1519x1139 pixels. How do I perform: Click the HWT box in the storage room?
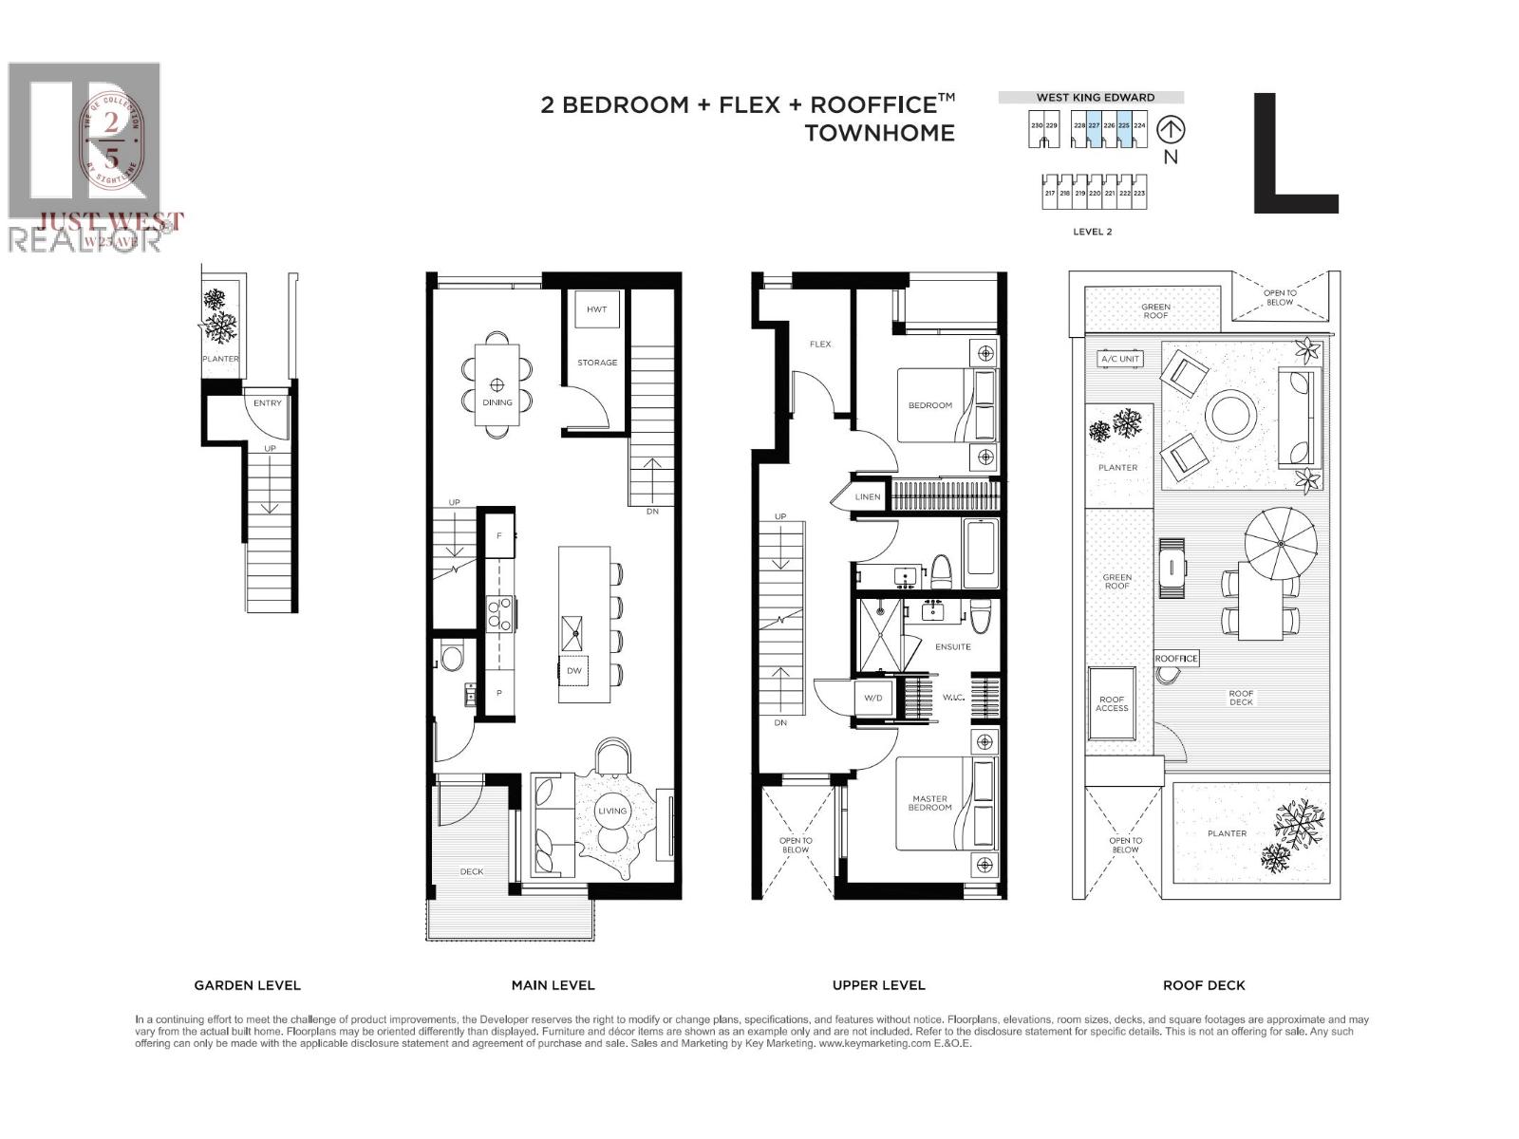[x=596, y=309]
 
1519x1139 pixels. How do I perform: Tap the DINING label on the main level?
[x=497, y=402]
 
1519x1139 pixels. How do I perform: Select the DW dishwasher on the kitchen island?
[x=573, y=670]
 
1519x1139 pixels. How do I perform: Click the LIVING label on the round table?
[x=612, y=811]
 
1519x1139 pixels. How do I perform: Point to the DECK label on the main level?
[x=472, y=871]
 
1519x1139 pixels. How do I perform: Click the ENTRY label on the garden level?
[x=268, y=402]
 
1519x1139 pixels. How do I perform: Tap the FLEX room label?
[x=820, y=344]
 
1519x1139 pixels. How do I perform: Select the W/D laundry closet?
[x=872, y=698]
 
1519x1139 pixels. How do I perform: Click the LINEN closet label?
[x=868, y=496]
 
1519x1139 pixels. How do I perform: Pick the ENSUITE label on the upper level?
[x=952, y=646]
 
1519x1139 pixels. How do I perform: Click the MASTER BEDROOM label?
[x=929, y=803]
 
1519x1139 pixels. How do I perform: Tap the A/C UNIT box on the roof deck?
[x=1120, y=359]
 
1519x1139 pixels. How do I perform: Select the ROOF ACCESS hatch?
[x=1112, y=703]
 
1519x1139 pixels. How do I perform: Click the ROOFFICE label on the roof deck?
[x=1176, y=658]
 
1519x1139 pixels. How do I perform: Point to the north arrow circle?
[x=1172, y=130]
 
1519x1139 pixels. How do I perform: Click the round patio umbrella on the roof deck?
[x=1281, y=544]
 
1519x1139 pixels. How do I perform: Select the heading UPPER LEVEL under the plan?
[x=878, y=985]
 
